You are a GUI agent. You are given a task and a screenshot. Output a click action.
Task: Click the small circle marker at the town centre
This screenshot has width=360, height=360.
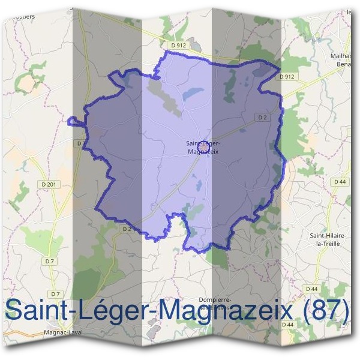(x=202, y=145)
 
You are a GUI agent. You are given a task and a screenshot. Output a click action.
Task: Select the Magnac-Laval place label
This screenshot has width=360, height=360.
(x=63, y=332)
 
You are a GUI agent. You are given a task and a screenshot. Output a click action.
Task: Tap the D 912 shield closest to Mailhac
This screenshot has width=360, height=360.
(x=287, y=77)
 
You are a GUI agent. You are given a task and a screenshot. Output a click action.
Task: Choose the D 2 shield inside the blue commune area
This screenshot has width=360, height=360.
(x=262, y=118)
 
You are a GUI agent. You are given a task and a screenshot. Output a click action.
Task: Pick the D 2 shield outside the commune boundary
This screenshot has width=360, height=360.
(x=126, y=229)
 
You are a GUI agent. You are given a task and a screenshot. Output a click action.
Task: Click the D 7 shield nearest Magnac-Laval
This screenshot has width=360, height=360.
(x=55, y=293)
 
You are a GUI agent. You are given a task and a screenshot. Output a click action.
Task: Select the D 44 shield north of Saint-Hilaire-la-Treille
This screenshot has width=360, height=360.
(x=340, y=181)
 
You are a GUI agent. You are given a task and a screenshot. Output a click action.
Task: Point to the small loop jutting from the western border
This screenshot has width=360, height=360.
(x=74, y=122)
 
